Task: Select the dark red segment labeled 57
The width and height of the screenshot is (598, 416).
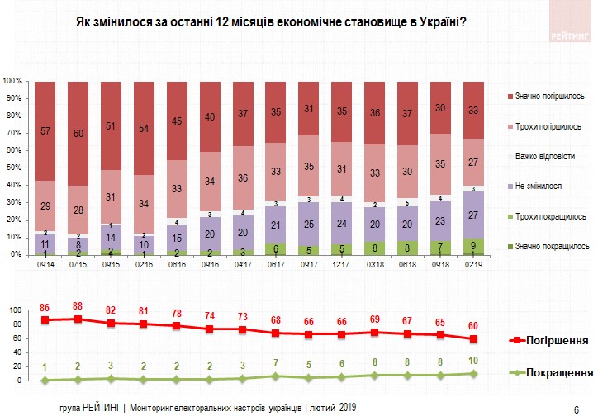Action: coord(47,131)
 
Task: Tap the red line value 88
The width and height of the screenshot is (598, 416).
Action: coord(78,306)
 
